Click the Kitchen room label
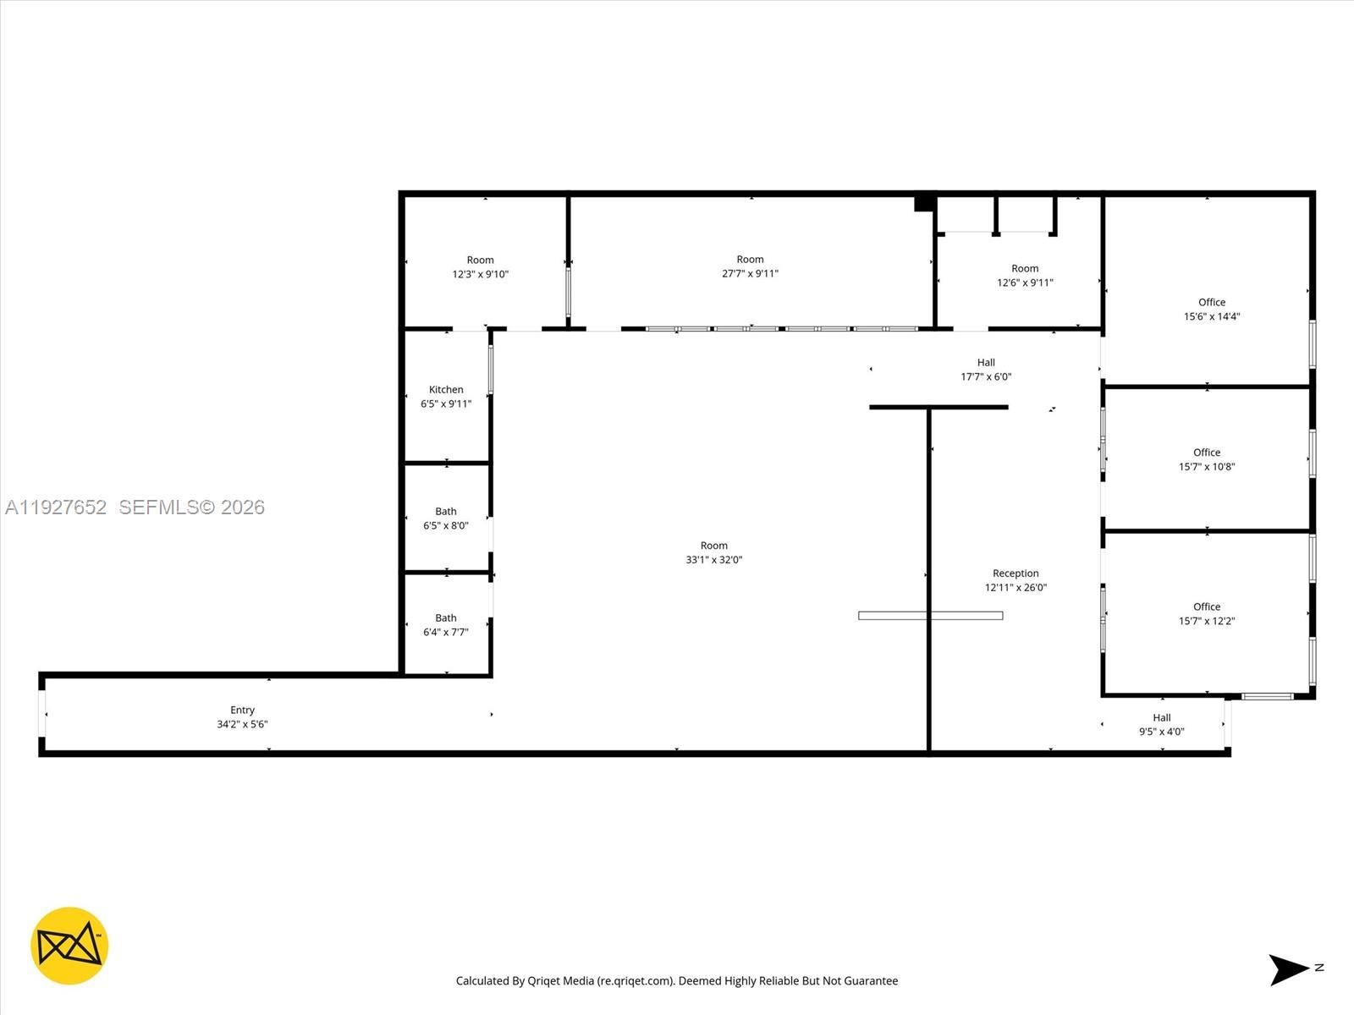(x=446, y=390)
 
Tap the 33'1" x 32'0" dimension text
(x=713, y=560)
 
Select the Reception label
(x=1015, y=573)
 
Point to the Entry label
(x=242, y=710)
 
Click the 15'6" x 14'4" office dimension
(x=1211, y=316)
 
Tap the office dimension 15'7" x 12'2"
(x=1207, y=621)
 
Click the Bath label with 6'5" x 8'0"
(x=446, y=512)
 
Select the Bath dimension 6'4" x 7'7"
(x=446, y=632)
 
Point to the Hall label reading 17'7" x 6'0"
(x=986, y=363)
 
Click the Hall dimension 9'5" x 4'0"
(x=1161, y=732)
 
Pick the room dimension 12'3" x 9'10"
(x=480, y=274)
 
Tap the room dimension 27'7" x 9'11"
(x=750, y=273)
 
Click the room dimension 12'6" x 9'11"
(x=1025, y=283)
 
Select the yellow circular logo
(x=69, y=946)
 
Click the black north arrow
(x=1287, y=969)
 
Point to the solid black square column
(x=924, y=203)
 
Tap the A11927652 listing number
(x=56, y=507)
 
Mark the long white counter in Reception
(x=930, y=616)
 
